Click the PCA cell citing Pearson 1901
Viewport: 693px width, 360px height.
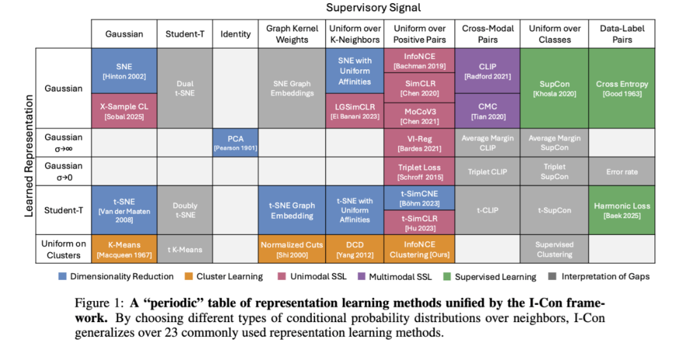point(235,142)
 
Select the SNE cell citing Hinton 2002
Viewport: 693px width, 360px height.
point(124,71)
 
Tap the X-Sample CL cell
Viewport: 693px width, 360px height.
point(124,110)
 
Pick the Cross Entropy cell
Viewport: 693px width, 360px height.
point(622,88)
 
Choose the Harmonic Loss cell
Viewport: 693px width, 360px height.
point(622,210)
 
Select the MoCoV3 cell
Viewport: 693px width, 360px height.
point(420,115)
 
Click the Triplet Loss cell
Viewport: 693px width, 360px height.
point(420,171)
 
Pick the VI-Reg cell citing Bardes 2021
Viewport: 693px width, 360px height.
point(420,142)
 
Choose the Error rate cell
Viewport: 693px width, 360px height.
point(622,172)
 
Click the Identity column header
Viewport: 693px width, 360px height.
point(235,34)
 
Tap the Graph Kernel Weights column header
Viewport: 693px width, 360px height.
point(292,34)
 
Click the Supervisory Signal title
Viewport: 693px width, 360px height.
point(373,8)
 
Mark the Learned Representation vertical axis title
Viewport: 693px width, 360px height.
point(29,156)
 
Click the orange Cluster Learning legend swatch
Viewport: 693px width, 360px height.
point(187,277)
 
